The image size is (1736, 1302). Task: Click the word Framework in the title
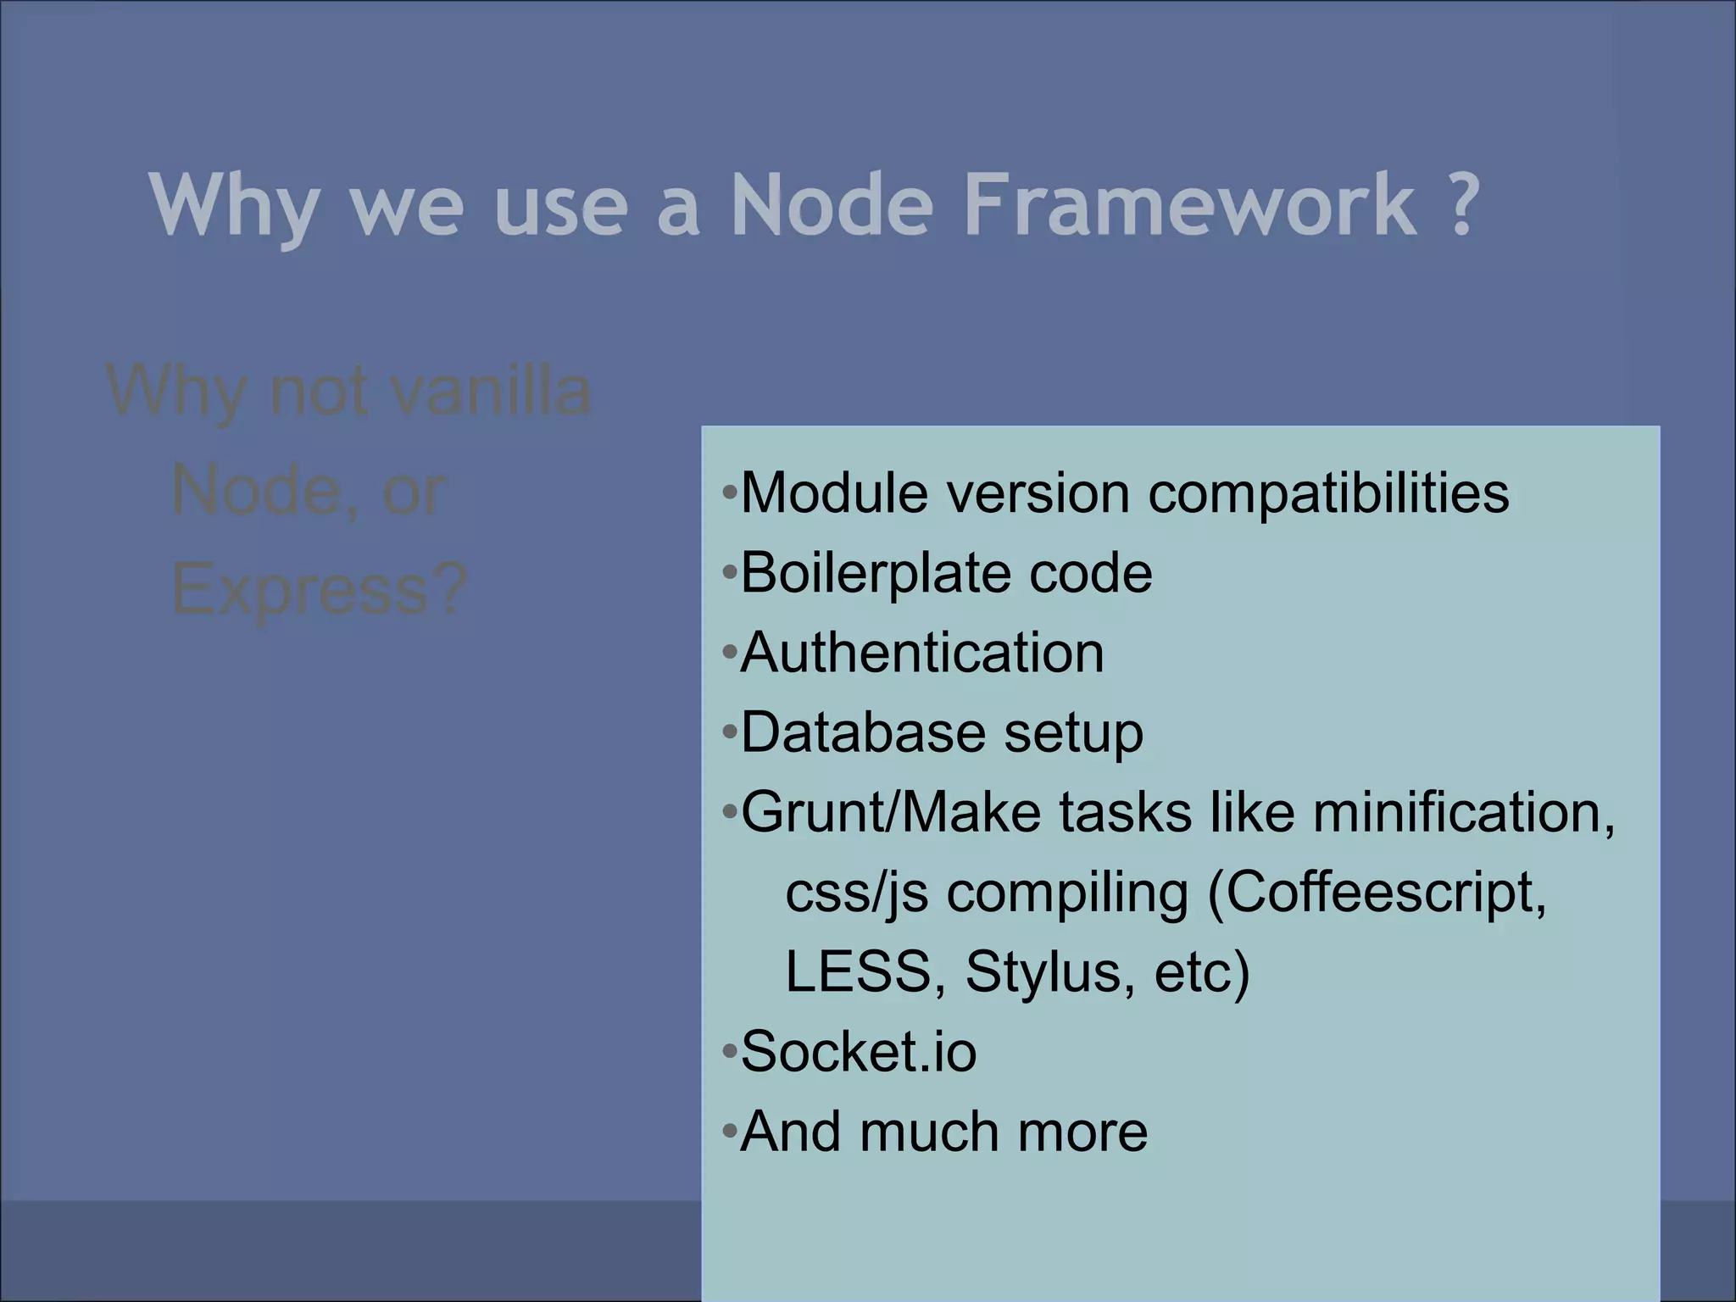1190,205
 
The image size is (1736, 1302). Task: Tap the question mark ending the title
1461,205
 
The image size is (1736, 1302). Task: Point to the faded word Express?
319,589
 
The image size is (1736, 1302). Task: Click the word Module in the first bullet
834,492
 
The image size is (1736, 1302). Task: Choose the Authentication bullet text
922,653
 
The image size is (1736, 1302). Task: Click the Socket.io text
859,1052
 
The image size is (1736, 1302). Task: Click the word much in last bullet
929,1132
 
